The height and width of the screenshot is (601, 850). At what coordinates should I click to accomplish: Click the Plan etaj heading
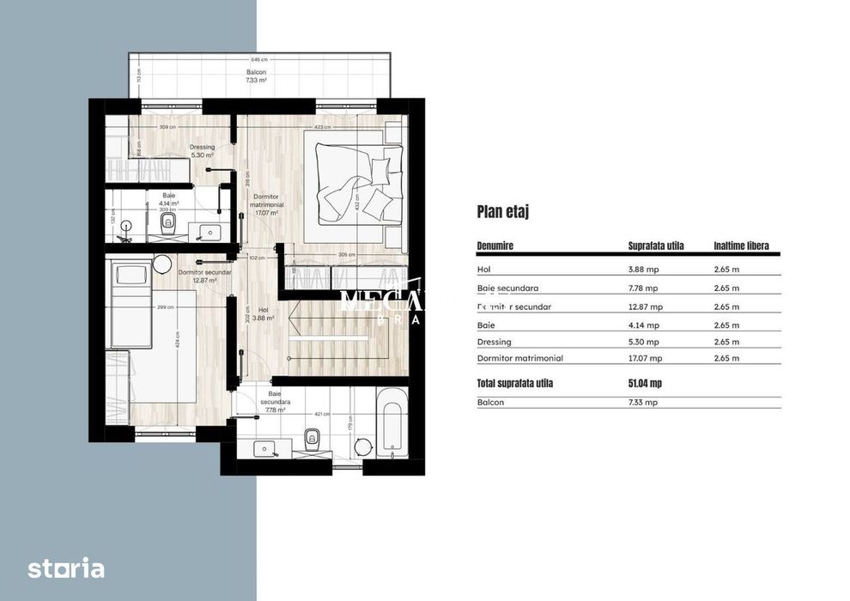coord(502,212)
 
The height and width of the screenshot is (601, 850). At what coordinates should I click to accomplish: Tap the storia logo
coord(66,568)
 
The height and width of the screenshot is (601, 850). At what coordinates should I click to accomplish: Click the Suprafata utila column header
coord(656,246)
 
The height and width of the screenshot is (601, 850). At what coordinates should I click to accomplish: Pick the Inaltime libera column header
coord(741,246)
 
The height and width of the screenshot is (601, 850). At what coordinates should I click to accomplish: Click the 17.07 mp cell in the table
coord(646,358)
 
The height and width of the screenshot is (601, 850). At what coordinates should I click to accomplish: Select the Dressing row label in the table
coord(494,343)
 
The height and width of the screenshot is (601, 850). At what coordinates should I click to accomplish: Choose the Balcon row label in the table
coord(490,402)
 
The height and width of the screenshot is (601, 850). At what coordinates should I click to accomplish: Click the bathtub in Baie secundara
coord(391,422)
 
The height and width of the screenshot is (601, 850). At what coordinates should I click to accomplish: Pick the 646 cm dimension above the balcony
coord(258,60)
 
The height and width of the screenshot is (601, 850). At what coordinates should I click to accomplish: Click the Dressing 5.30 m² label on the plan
coord(202,151)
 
